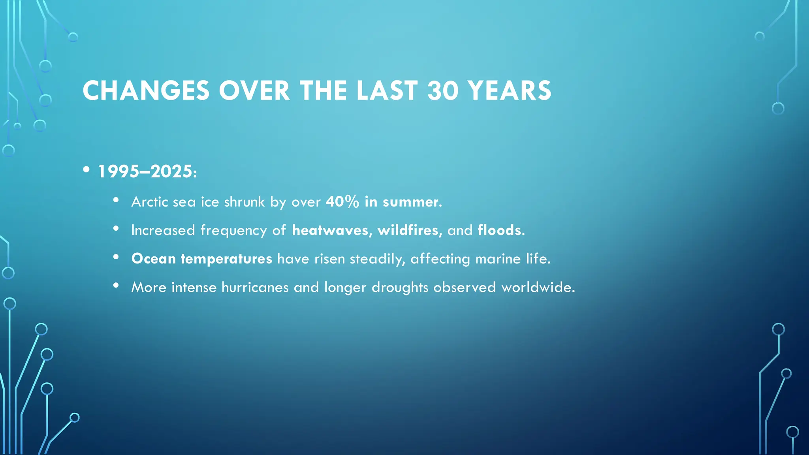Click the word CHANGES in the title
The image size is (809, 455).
click(146, 91)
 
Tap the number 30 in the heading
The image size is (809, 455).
click(443, 91)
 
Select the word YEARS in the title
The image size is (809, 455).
click(510, 91)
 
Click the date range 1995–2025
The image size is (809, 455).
click(145, 171)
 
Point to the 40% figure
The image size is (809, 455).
click(342, 202)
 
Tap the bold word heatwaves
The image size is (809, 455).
click(330, 230)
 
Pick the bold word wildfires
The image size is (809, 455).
click(408, 230)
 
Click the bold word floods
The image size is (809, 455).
click(499, 230)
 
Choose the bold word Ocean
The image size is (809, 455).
click(154, 259)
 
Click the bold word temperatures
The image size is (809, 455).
click(226, 259)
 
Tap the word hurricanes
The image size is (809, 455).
click(255, 287)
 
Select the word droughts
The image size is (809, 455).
click(400, 287)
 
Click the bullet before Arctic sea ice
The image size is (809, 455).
click(116, 200)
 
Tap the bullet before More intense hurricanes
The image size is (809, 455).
click(116, 286)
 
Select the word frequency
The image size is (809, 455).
click(233, 230)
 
